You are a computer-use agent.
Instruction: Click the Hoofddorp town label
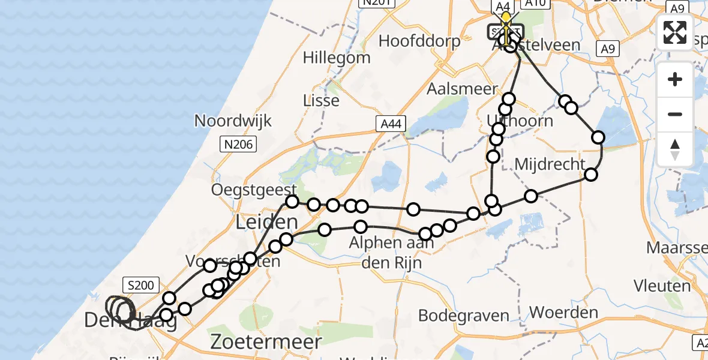coord(420,41)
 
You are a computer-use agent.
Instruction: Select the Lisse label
coord(321,100)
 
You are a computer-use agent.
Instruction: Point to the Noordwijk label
coord(233,121)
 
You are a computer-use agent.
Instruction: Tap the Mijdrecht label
coord(550,164)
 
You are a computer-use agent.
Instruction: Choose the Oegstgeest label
coord(251,190)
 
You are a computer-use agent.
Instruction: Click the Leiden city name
coord(266,222)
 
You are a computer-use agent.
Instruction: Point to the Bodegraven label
coord(463,316)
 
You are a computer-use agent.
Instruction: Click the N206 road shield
coord(238,144)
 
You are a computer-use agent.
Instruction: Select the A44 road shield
coord(392,124)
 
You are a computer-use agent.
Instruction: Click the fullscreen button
coord(675,32)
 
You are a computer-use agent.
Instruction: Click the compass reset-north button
coord(675,149)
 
